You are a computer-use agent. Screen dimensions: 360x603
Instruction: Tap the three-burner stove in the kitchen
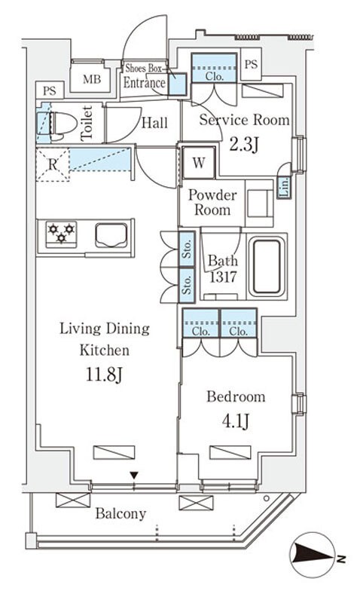[61, 234]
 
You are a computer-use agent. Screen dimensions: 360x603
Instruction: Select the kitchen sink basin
[111, 235]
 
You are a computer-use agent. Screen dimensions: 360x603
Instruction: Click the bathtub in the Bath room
[267, 267]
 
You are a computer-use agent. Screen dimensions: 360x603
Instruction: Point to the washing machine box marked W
[198, 163]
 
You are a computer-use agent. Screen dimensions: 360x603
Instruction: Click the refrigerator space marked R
[53, 164]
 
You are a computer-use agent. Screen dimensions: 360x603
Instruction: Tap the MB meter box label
[92, 79]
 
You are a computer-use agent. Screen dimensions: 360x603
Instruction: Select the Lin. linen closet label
[285, 188]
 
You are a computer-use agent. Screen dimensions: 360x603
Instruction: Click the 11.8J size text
[104, 375]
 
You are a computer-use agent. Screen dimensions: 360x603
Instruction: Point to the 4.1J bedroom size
[236, 421]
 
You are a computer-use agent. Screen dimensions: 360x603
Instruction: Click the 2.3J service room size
[244, 144]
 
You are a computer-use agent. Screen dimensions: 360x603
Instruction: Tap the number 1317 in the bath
[223, 277]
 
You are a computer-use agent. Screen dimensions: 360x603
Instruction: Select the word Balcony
[121, 514]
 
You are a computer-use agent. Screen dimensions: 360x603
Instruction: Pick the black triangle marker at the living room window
[134, 476]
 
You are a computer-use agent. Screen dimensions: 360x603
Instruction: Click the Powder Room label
[212, 202]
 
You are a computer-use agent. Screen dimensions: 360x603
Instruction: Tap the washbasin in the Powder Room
[259, 203]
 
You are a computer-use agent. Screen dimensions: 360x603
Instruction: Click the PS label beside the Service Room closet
[251, 64]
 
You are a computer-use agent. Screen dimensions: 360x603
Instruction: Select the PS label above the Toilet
[49, 90]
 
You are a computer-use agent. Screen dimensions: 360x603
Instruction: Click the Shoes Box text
[144, 68]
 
